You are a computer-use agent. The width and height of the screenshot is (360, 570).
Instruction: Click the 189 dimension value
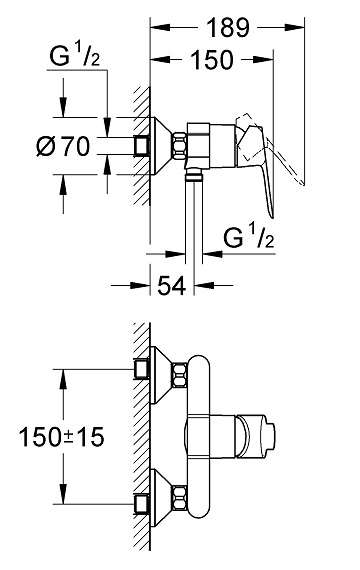coord(228,28)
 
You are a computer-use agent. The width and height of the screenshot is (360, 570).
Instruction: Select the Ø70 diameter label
coord(63,146)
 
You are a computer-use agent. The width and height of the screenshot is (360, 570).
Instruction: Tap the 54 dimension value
coord(171,285)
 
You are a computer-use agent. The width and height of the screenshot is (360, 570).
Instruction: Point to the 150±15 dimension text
coord(61,437)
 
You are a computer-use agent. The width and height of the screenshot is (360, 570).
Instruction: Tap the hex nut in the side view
coord(179,146)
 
